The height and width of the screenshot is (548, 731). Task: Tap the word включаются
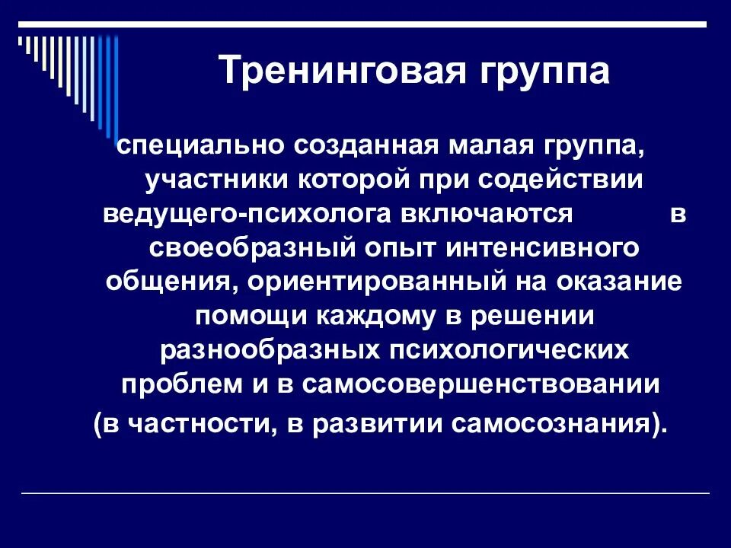pos(482,215)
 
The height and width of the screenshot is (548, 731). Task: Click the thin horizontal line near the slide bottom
pos(365,494)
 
